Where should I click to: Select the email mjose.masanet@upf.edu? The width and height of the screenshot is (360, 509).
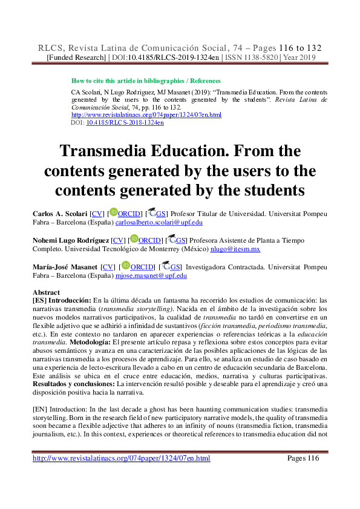151,275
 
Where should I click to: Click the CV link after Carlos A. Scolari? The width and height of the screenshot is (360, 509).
96,214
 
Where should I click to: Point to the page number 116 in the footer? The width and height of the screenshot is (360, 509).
312,458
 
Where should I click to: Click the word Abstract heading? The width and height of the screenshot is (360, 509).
45,292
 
